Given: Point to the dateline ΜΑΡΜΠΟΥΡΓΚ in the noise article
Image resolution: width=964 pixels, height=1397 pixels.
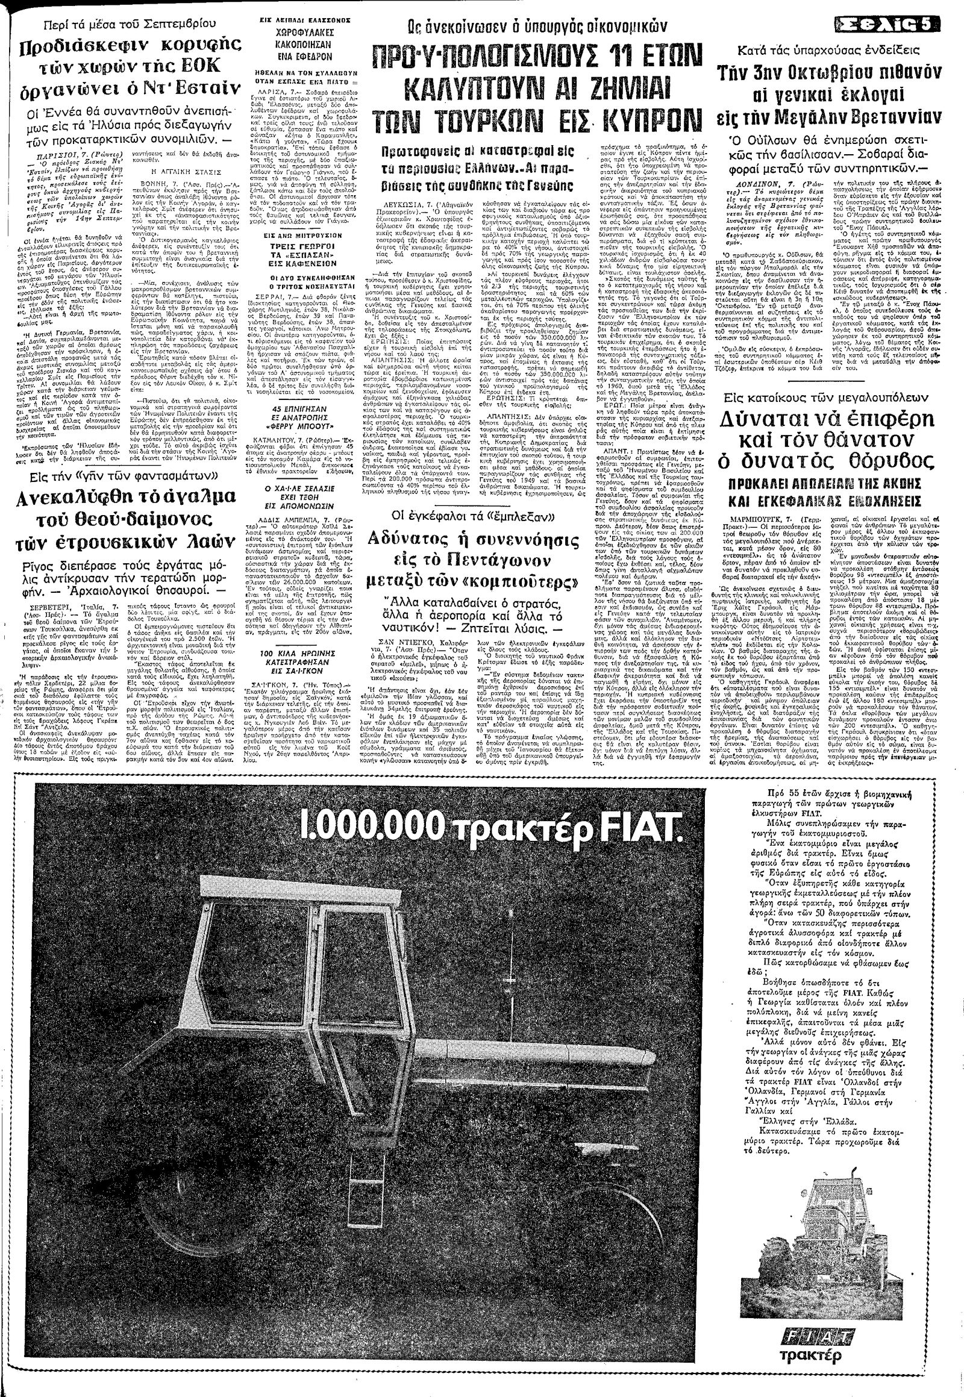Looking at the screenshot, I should coord(756,519).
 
